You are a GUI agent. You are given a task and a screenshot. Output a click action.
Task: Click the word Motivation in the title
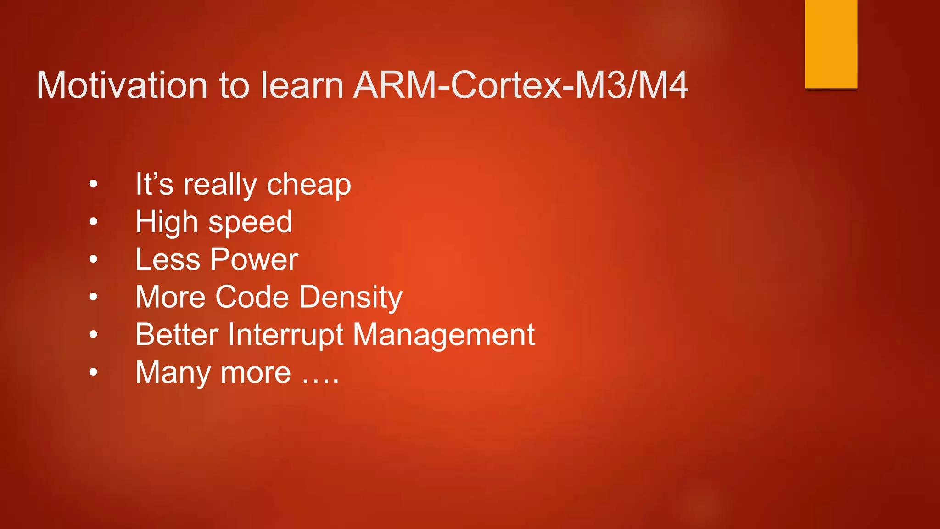click(x=122, y=85)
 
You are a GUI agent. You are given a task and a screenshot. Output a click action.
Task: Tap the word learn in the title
click(x=302, y=85)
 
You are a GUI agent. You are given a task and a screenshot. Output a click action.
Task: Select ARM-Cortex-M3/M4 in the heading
click(x=521, y=85)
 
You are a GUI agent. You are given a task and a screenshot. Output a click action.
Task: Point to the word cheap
click(x=308, y=185)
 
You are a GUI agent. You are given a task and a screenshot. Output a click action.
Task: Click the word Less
click(x=168, y=259)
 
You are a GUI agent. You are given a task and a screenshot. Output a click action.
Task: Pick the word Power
click(x=254, y=259)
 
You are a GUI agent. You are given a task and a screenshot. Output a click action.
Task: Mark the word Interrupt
click(x=285, y=335)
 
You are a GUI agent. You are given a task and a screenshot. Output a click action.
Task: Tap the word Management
click(x=443, y=335)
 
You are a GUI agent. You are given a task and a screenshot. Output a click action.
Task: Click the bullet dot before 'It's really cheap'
click(x=94, y=185)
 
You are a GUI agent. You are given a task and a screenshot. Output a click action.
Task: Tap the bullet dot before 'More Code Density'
click(x=94, y=297)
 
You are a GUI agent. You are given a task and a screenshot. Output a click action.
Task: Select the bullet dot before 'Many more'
click(x=94, y=372)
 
